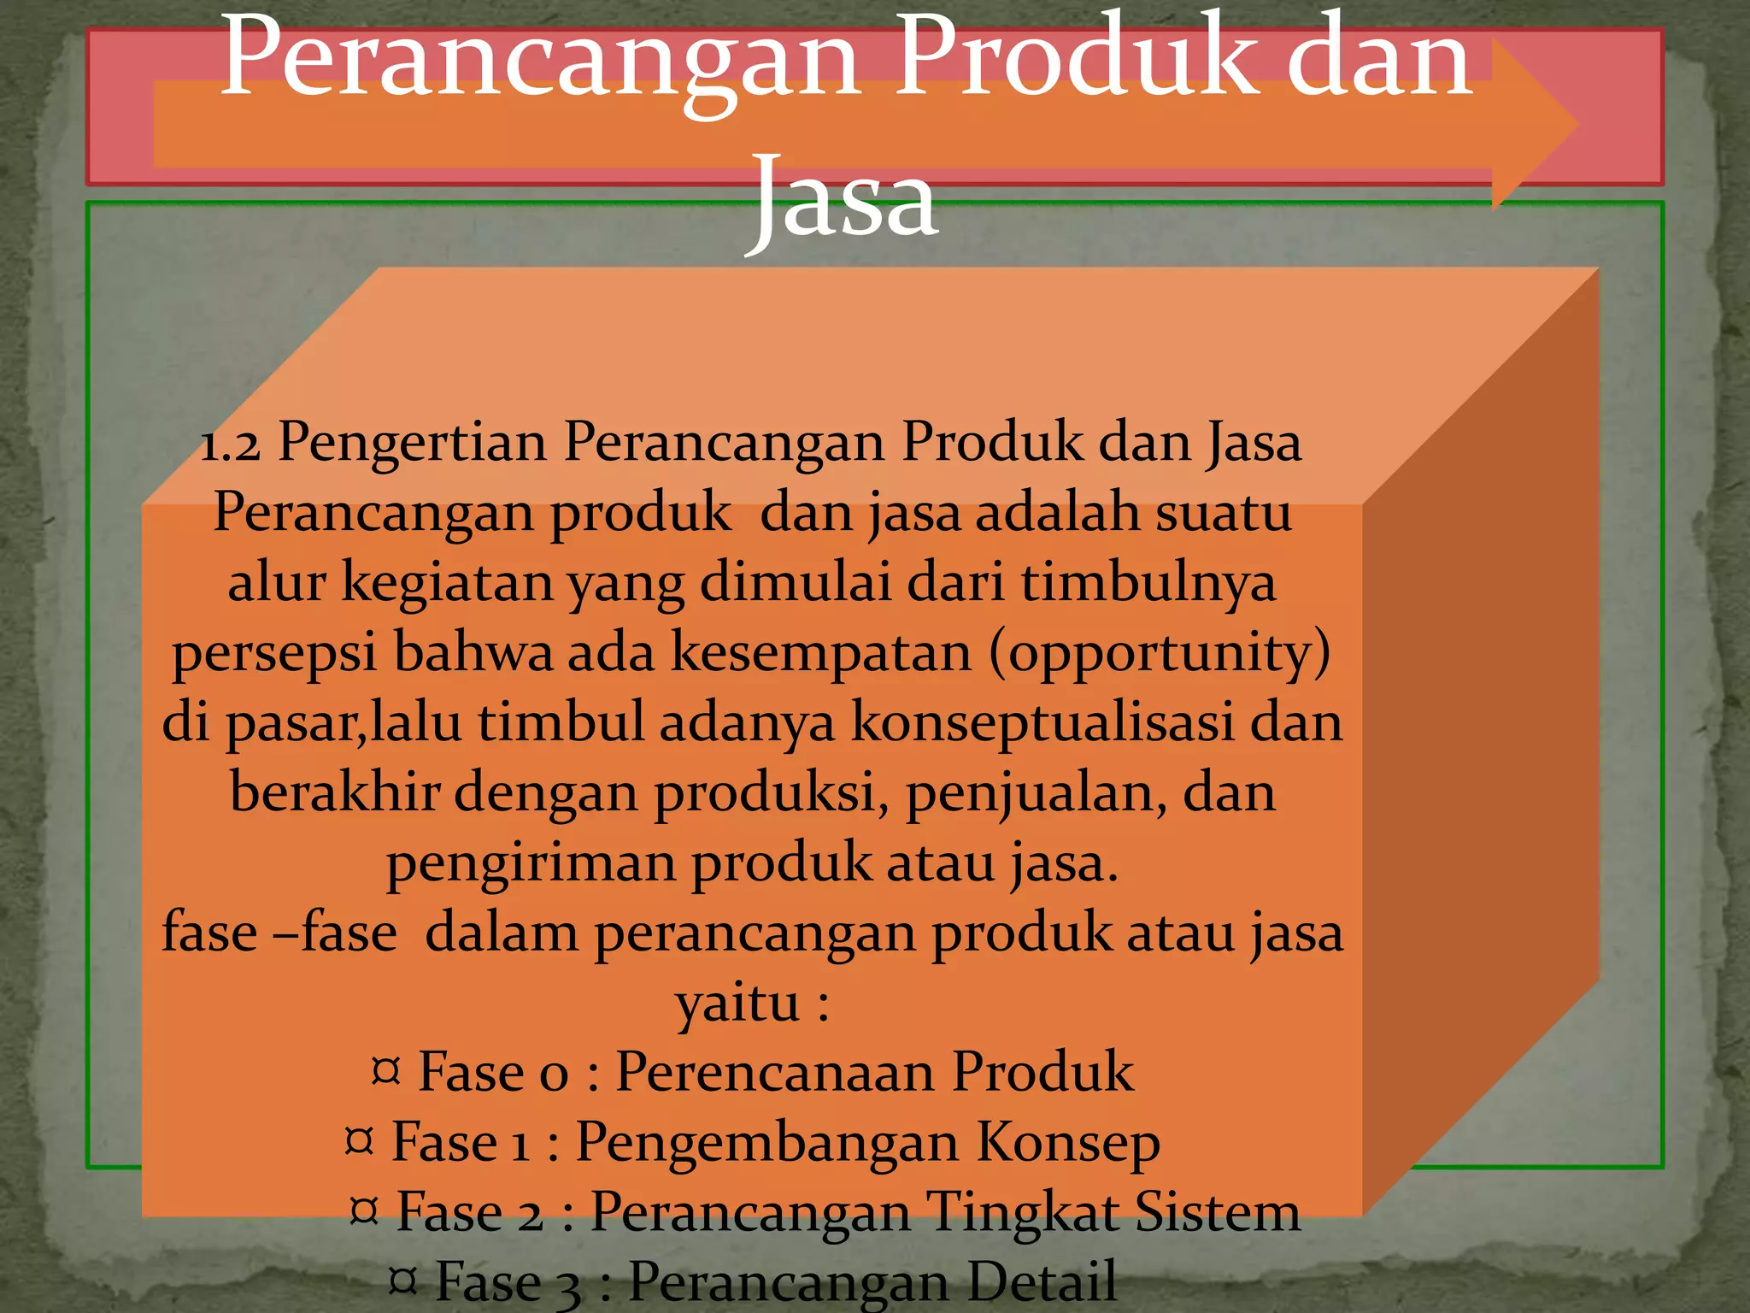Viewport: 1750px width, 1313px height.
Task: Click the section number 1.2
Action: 229,445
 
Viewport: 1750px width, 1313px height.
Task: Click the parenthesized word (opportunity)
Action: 1160,653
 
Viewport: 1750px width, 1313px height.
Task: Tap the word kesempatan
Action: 821,653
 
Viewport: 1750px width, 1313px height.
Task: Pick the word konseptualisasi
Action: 1042,722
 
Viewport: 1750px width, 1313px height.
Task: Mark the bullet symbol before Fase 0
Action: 386,1070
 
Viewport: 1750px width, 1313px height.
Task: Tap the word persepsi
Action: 274,655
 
